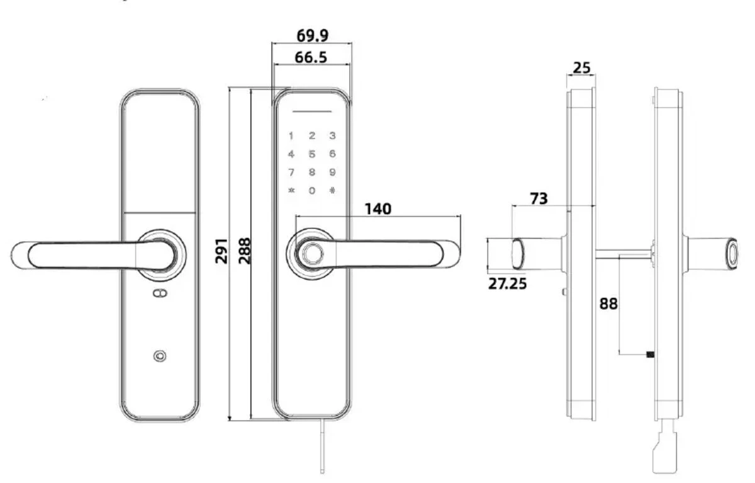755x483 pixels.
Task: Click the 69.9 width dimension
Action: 313,34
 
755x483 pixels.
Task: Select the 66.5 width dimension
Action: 311,57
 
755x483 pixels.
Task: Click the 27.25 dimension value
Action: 508,283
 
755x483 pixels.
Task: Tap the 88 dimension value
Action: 608,304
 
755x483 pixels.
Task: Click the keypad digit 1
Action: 291,135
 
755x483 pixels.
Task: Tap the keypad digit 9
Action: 332,172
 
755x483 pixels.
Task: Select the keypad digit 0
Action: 311,190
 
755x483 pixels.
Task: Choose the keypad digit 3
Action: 332,135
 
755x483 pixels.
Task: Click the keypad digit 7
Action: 291,172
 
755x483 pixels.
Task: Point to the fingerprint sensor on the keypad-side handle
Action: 310,254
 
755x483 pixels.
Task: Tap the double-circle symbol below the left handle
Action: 160,294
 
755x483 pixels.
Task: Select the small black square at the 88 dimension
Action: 651,354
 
